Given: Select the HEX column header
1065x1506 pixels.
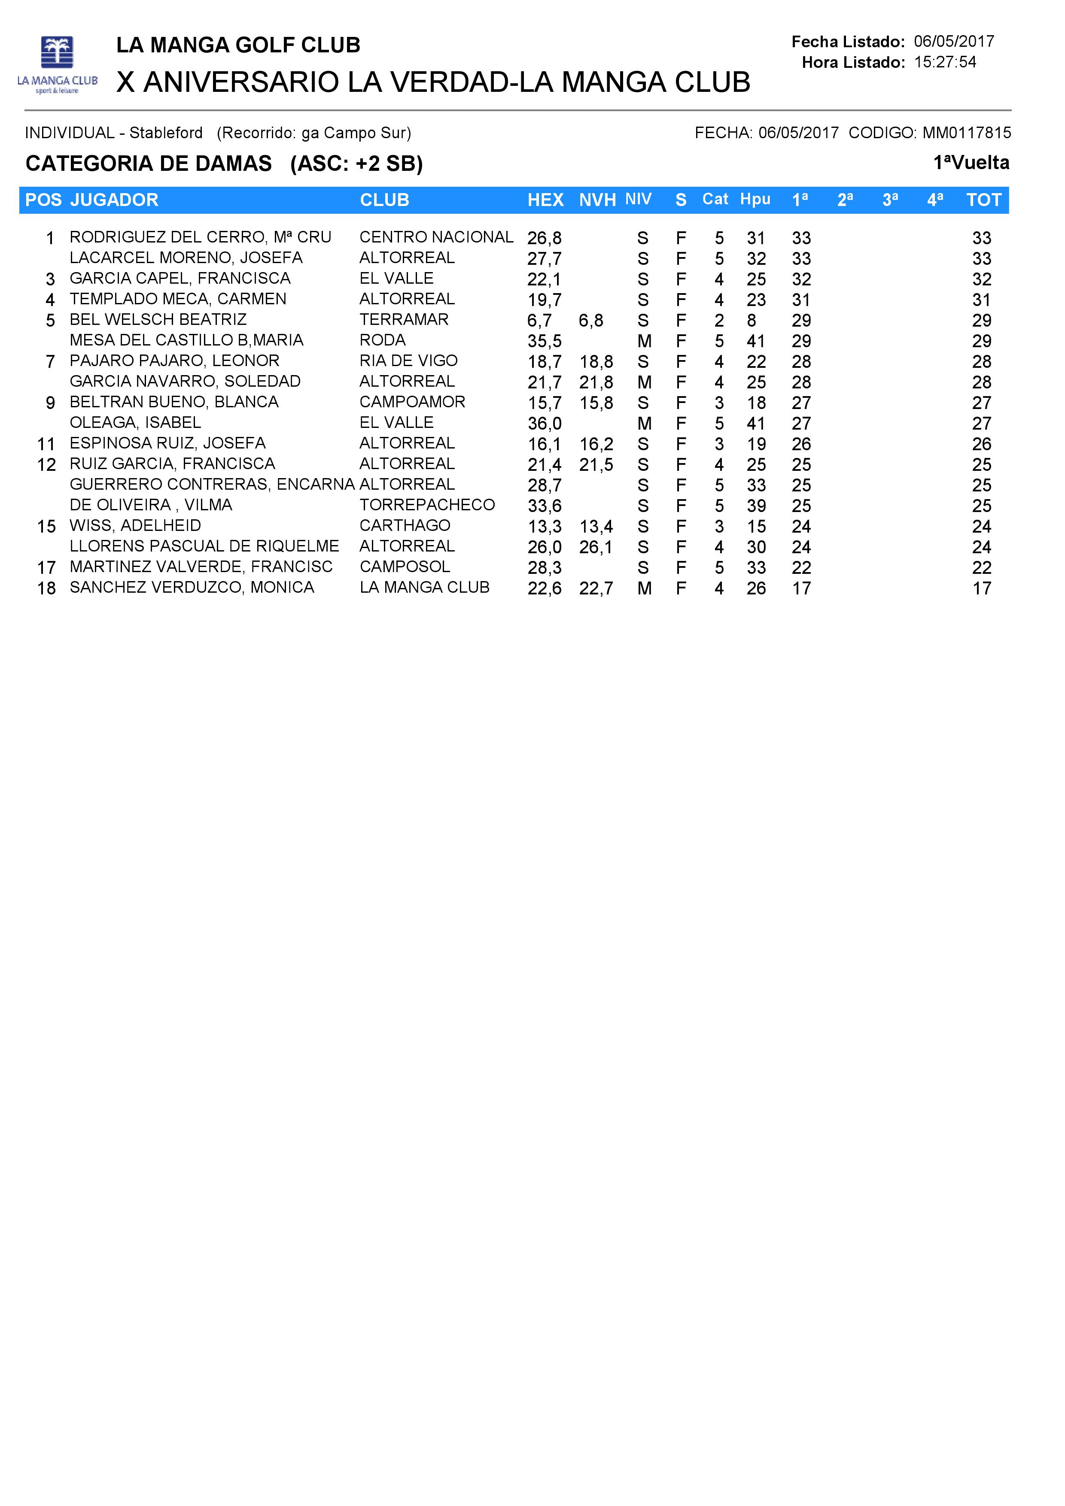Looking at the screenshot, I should click(545, 200).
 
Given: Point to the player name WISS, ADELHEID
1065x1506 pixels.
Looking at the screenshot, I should click(135, 525).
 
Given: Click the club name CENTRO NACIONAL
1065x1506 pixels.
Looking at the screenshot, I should click(436, 237).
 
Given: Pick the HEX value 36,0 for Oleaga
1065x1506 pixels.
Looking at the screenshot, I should click(544, 424).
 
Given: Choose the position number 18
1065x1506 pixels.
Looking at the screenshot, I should click(46, 588).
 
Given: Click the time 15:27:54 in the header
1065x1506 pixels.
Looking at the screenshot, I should click(944, 62).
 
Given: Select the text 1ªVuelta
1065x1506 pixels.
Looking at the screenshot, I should click(971, 163).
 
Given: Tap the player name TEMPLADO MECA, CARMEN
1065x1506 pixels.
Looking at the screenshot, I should click(178, 299).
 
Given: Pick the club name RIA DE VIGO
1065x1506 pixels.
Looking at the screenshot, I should click(408, 361).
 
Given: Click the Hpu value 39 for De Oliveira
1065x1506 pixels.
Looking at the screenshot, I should click(756, 506).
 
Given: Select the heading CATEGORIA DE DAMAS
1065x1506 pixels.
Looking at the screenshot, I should click(148, 164).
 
